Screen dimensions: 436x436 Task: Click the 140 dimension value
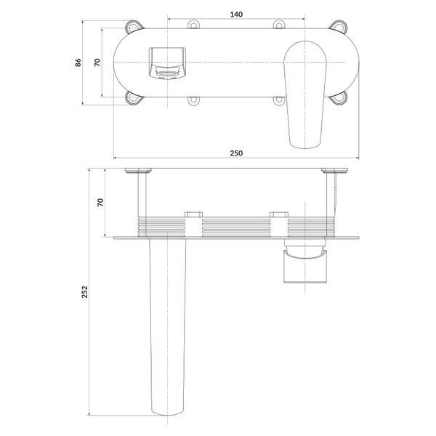tap(236, 15)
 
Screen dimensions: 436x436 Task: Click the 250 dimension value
tap(236, 153)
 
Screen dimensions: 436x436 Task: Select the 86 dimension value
tap(78, 62)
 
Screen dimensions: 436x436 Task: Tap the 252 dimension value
tap(84, 292)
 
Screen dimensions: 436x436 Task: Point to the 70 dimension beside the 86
tap(97, 62)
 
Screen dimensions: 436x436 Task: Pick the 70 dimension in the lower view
tap(100, 203)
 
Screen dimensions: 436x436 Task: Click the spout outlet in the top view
tap(167, 62)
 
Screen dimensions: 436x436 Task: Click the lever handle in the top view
tap(305, 94)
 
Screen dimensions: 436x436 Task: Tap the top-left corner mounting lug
tap(134, 26)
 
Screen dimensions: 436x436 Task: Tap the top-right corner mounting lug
tap(338, 26)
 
